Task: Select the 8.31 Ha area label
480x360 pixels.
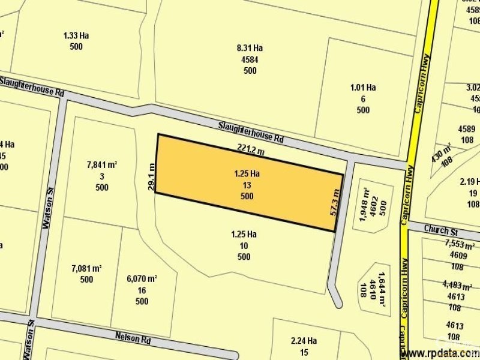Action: tap(250, 48)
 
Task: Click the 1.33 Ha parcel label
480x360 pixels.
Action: tap(76, 35)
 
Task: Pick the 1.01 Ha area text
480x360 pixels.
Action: tap(363, 88)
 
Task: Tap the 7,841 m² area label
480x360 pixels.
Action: tap(102, 164)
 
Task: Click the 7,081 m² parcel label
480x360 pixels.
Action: tap(86, 268)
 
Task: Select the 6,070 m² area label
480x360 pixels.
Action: tap(142, 278)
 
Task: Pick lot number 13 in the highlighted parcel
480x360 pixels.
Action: tap(247, 185)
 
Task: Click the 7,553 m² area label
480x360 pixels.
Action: tap(460, 244)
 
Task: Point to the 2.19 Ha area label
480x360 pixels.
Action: tap(470, 182)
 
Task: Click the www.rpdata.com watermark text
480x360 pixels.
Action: tap(436, 353)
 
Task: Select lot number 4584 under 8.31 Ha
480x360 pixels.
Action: tap(250, 59)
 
